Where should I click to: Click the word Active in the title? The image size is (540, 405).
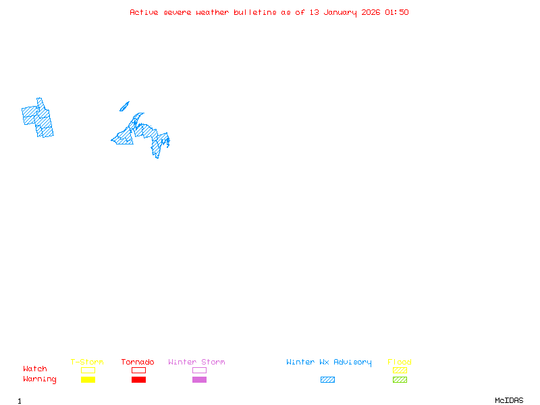pos(144,12)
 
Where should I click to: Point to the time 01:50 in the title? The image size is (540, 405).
pos(397,12)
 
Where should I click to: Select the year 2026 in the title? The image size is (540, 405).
pos(371,12)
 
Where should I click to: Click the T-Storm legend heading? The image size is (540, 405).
pos(87,362)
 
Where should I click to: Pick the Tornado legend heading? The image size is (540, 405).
pos(138,362)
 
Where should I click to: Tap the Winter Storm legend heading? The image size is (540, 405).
pos(196,362)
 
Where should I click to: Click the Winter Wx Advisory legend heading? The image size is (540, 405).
pos(329,362)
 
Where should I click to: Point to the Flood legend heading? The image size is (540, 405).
pos(400,362)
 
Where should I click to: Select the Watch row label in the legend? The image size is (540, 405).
pos(35,369)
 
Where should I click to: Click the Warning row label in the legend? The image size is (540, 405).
pos(40,379)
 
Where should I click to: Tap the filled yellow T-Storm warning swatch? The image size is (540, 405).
pos(88,379)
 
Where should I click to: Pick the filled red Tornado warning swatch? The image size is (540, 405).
pos(138,379)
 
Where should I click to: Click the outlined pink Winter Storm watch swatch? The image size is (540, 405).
pos(199,370)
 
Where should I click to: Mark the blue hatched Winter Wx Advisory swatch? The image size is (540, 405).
pos(327,379)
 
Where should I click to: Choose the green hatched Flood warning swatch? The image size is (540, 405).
pos(400,379)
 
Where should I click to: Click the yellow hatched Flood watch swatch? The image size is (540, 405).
pos(400,370)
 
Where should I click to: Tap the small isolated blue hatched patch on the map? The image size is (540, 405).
pos(124,106)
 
